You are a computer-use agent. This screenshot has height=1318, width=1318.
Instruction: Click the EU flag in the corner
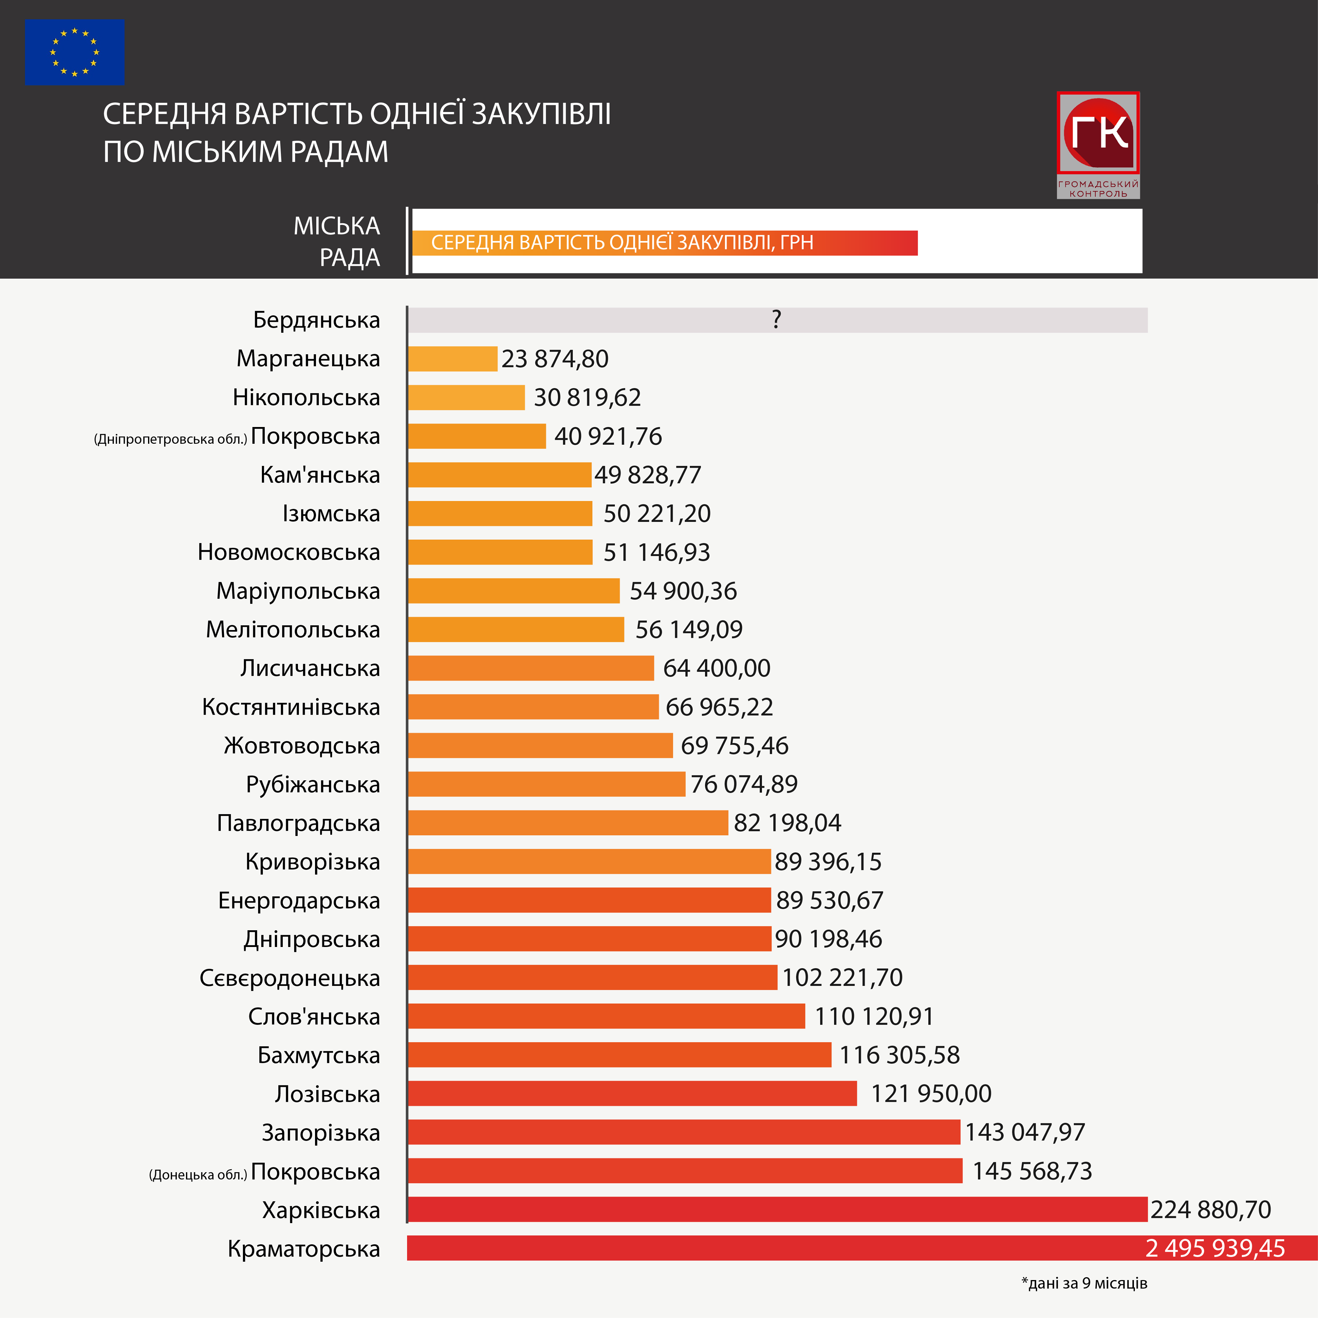(x=74, y=52)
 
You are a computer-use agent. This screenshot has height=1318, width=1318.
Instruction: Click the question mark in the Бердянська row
(x=776, y=319)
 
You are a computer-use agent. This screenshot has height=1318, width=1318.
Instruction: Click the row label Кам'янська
(x=320, y=475)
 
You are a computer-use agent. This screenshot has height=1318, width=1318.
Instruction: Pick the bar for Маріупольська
(x=514, y=591)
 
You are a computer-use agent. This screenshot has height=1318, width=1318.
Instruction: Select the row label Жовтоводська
(x=302, y=746)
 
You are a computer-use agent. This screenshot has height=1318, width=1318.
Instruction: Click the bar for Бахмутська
(x=619, y=1055)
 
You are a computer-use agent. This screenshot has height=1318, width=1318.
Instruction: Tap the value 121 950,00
(x=931, y=1093)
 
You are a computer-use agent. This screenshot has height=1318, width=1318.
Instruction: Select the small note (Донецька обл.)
(x=198, y=1175)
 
